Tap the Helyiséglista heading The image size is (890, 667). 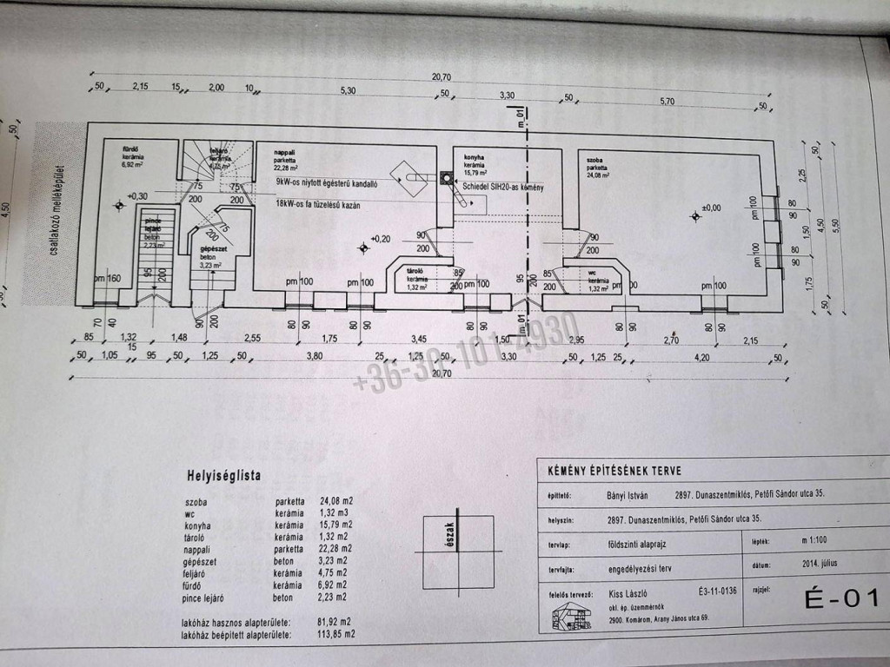pyautogui.click(x=223, y=475)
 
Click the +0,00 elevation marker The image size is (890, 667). pyautogui.click(x=710, y=209)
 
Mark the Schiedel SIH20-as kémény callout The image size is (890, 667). pyautogui.click(x=502, y=188)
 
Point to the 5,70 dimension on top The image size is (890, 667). pyautogui.click(x=667, y=102)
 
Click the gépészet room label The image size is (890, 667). pyautogui.click(x=214, y=250)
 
